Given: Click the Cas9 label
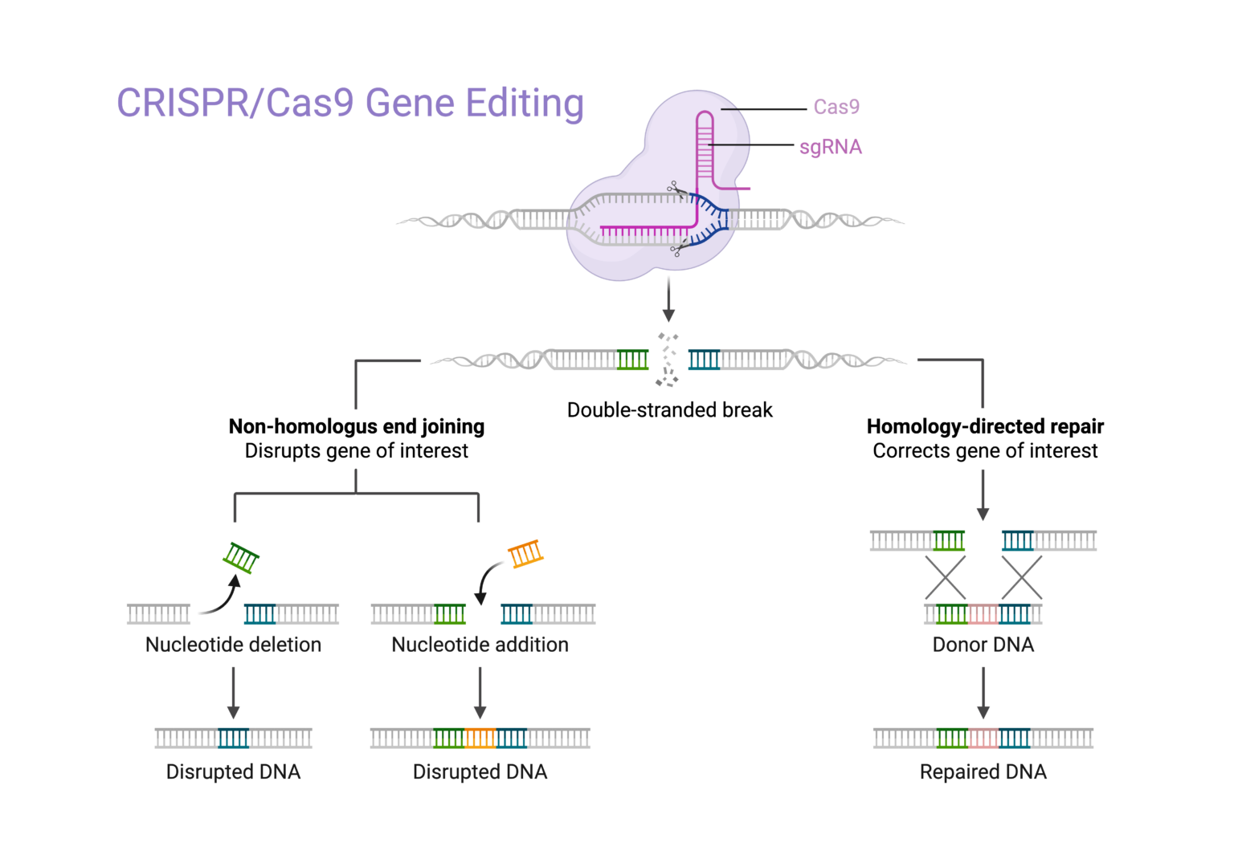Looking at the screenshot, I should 836,107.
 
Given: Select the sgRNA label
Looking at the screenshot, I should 830,147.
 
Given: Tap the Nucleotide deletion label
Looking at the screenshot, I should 233,645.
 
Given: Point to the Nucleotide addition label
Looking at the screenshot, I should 480,645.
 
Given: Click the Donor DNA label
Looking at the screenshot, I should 983,645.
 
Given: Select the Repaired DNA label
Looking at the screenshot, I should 983,772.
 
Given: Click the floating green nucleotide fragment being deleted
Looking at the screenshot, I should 240,557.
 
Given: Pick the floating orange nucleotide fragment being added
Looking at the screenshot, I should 525,553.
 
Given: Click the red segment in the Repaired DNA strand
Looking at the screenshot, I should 983,738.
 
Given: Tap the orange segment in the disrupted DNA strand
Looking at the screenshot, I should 480,738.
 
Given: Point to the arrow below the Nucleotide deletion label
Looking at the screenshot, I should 233,692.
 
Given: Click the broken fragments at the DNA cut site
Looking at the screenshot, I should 668,360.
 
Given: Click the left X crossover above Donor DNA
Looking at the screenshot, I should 945,577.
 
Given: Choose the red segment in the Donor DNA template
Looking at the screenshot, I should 983,614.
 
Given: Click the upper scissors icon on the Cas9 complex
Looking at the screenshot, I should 676,189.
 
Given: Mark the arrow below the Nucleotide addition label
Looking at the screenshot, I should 480,692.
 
